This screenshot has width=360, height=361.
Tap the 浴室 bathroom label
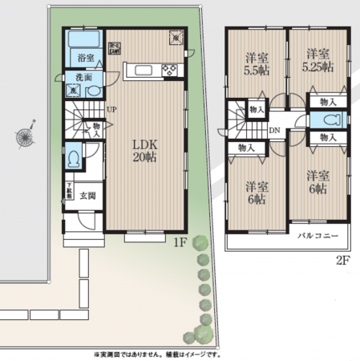(x=86, y=59)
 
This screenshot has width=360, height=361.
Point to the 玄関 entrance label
(x=88, y=196)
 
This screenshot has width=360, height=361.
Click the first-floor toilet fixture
(x=74, y=157)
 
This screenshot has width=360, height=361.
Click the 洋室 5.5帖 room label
(x=256, y=63)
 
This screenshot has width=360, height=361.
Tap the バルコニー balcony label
(x=318, y=236)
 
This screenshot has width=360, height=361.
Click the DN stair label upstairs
(x=274, y=129)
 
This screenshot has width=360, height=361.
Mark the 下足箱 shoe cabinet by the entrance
(x=70, y=192)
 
